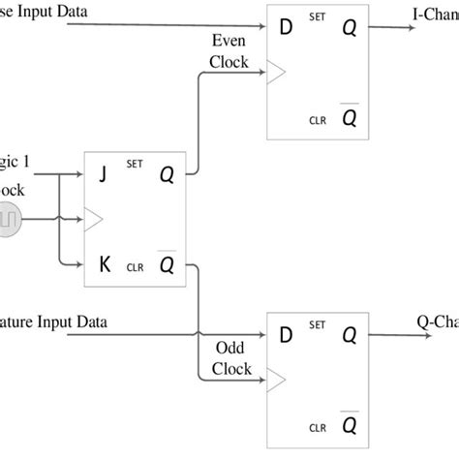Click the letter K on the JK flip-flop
point(106,262)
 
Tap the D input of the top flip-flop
point(286,26)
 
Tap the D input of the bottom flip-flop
point(286,335)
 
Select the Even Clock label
point(229,53)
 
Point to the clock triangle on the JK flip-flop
point(94,220)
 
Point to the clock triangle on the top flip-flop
point(274,70)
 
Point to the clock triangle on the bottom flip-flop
point(274,379)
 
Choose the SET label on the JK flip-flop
point(134,165)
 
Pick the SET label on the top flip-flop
point(316,15)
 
